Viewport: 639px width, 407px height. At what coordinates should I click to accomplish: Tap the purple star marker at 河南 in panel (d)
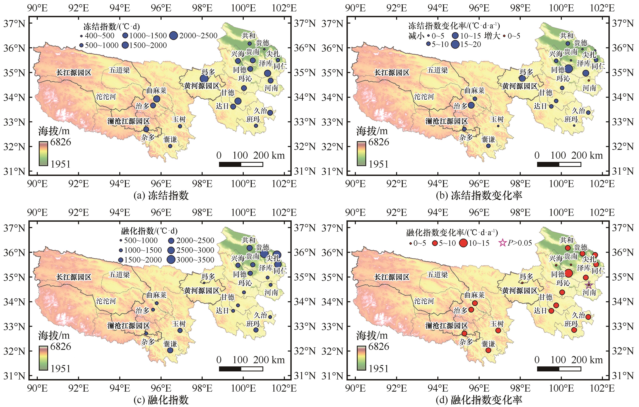coord(589,285)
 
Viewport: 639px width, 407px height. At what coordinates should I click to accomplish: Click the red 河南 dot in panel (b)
coord(589,80)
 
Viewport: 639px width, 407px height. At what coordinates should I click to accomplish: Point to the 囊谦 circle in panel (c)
coord(170,350)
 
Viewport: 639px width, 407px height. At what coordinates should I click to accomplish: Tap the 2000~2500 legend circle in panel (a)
coord(174,36)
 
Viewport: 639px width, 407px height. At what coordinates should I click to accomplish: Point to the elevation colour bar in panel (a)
coord(43,154)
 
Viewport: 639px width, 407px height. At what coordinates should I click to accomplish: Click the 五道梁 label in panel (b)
coord(437,70)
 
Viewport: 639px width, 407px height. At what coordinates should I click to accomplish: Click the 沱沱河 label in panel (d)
coord(424,301)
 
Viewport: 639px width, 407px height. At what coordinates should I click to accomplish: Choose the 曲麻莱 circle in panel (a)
coord(157,99)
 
